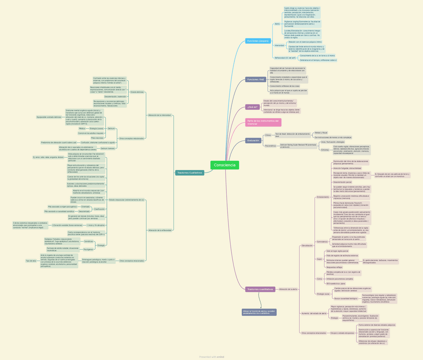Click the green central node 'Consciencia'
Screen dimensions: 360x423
(x=225, y=165)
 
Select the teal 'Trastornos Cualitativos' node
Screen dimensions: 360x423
(x=190, y=173)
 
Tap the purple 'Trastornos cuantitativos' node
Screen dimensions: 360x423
(x=260, y=289)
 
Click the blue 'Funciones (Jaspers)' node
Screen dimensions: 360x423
(x=258, y=41)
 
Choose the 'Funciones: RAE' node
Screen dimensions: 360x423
(x=255, y=79)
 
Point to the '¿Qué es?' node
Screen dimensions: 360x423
(x=252, y=107)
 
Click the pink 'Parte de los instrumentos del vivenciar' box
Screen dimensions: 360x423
(x=263, y=122)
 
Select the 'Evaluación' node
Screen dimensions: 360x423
(x=253, y=141)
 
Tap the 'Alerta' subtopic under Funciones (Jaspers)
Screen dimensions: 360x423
(x=277, y=23)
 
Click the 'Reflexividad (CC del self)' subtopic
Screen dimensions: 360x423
(x=285, y=58)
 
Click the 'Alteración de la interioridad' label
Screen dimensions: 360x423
(x=160, y=115)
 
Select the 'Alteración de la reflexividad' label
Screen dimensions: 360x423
(x=160, y=230)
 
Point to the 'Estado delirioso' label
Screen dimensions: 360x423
(x=137, y=92)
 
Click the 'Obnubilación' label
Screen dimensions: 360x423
(x=307, y=245)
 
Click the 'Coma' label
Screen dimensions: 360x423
(x=319, y=279)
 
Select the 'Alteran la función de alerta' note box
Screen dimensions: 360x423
(x=259, y=312)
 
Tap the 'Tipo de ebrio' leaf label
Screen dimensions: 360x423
(x=31, y=260)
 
